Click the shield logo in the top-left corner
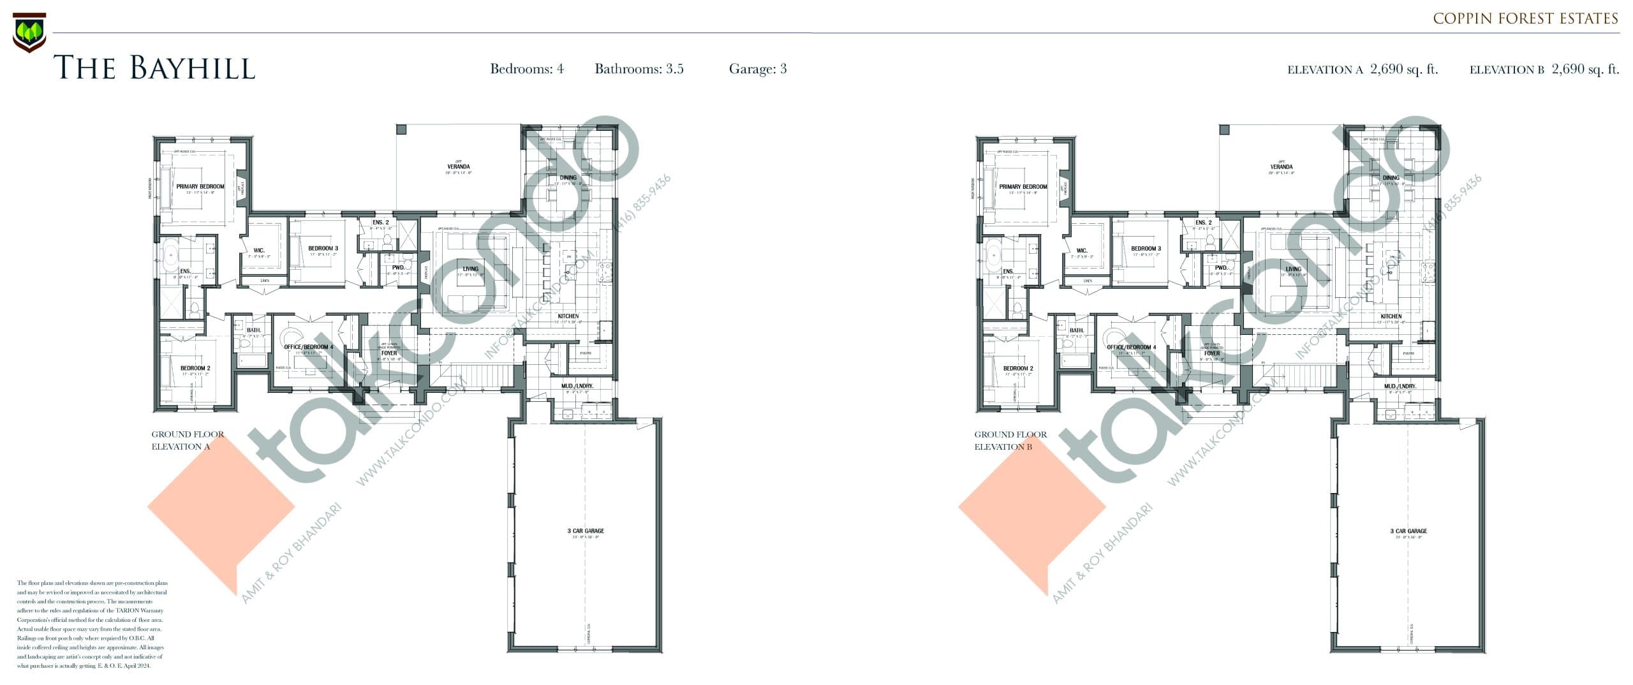[29, 32]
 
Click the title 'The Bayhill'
[154, 68]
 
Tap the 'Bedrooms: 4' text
[526, 69]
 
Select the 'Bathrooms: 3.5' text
[639, 69]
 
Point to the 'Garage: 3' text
[757, 69]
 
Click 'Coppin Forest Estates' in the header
[1525, 18]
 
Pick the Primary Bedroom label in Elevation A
[200, 187]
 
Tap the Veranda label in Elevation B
[1281, 167]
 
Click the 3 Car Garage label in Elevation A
[586, 531]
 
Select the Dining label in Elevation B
[1391, 178]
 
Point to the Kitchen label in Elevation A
[568, 316]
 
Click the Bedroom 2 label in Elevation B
[1017, 369]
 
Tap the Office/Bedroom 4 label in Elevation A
[309, 348]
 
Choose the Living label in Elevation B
[1293, 269]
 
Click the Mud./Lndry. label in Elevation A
[577, 387]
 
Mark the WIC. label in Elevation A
[258, 251]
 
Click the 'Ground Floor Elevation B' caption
[1010, 440]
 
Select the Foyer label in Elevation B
[1211, 353]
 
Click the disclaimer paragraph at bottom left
[92, 624]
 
